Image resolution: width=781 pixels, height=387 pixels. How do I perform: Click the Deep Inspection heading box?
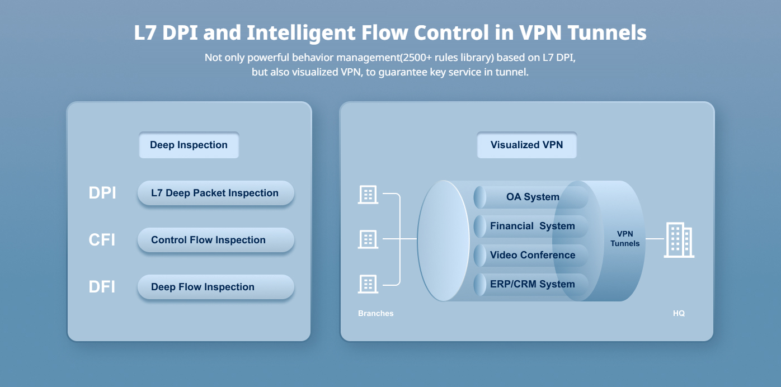pyautogui.click(x=189, y=145)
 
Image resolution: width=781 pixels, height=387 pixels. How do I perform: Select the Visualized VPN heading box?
pyautogui.click(x=526, y=145)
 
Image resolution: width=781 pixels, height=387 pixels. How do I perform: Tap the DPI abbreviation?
pyautogui.click(x=102, y=193)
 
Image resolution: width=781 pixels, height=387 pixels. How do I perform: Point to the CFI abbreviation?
pyautogui.click(x=102, y=240)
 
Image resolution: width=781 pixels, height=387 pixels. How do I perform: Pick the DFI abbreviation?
pyautogui.click(x=102, y=287)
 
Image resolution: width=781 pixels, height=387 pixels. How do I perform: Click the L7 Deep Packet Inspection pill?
pyautogui.click(x=215, y=193)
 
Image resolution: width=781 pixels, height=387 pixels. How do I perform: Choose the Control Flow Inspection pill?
pyautogui.click(x=215, y=240)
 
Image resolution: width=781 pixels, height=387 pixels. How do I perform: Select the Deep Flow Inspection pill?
pyautogui.click(x=215, y=287)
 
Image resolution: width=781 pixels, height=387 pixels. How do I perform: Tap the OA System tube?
pyautogui.click(x=531, y=197)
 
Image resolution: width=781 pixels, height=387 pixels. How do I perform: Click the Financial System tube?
pyautogui.click(x=531, y=226)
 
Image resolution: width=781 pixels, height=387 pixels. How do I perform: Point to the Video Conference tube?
pyautogui.click(x=531, y=255)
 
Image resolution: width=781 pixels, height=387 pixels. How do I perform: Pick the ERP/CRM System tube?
pyautogui.click(x=531, y=284)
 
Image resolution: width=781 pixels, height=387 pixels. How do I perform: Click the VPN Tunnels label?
pyautogui.click(x=625, y=239)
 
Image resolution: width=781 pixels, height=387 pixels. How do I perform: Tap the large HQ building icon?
pyautogui.click(x=679, y=240)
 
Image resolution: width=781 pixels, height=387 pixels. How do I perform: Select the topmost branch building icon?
pyautogui.click(x=368, y=195)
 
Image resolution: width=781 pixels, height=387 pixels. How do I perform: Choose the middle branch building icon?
pyautogui.click(x=368, y=239)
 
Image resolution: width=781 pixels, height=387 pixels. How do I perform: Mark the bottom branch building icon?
pyautogui.click(x=368, y=284)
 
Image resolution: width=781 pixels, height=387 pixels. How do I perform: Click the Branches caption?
pyautogui.click(x=375, y=314)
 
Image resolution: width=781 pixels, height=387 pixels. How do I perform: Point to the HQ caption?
pyautogui.click(x=679, y=314)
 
